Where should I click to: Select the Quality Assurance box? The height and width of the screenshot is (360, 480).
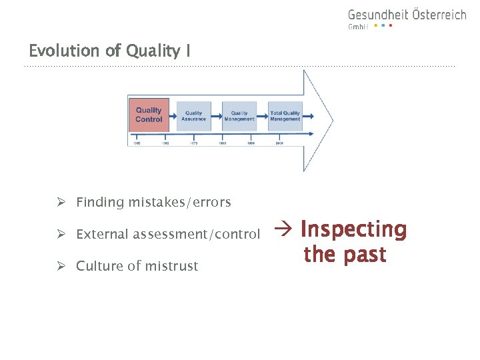(x=194, y=116)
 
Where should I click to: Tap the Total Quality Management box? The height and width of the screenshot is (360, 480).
(x=285, y=116)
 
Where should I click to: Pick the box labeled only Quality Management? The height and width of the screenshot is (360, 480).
(x=239, y=116)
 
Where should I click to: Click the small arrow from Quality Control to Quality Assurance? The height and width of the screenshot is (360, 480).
(x=173, y=116)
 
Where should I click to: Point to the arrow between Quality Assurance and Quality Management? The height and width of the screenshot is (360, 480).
(x=217, y=116)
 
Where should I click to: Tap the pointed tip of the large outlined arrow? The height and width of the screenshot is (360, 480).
(x=332, y=121)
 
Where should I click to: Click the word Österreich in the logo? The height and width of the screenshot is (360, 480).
(x=437, y=15)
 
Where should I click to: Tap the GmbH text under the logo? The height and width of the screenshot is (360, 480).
(x=358, y=27)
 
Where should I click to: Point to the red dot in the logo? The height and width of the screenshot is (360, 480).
(x=391, y=26)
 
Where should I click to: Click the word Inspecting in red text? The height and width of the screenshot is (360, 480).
(x=353, y=229)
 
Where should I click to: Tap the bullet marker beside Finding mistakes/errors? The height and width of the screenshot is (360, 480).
(x=61, y=202)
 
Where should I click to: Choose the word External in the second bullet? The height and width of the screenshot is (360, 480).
(x=102, y=234)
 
